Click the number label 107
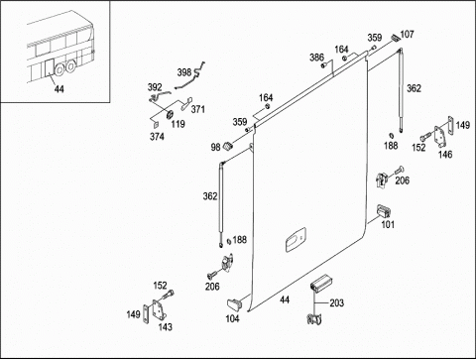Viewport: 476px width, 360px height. click(407, 34)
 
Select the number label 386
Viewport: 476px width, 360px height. click(316, 58)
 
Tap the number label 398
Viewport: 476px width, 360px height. click(184, 72)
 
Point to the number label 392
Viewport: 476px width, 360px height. click(155, 87)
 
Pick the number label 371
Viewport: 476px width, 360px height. click(197, 109)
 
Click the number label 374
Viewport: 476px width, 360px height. click(157, 136)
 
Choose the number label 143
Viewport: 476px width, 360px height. click(166, 326)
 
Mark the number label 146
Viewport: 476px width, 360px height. click(445, 154)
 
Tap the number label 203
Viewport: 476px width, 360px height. click(337, 302)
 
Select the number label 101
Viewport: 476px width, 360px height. click(388, 224)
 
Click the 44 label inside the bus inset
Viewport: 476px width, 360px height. click(59, 88)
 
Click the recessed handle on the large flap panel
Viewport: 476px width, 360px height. click(296, 240)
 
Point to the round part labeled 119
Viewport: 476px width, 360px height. click(170, 114)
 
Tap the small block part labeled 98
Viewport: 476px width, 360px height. click(228, 146)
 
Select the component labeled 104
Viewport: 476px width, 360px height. click(234, 304)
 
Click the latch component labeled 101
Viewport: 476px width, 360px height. click(384, 211)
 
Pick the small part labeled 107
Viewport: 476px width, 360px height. click(396, 38)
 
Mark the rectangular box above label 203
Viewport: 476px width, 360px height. click(321, 283)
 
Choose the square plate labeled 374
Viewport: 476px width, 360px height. click(155, 124)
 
